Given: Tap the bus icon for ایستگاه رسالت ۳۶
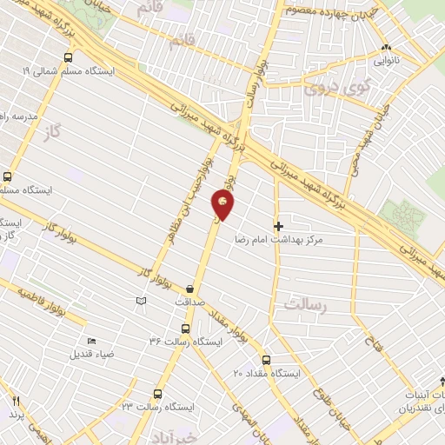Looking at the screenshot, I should click(x=185, y=329).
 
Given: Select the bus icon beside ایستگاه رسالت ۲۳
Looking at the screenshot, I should click(x=157, y=394).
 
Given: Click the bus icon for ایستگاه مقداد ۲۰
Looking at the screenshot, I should click(x=266, y=360).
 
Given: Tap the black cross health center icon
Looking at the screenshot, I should click(x=278, y=226).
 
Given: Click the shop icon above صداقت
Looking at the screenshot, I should click(x=190, y=289).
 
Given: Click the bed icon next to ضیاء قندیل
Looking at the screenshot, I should click(x=92, y=342).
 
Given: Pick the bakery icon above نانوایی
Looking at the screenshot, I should click(x=388, y=49).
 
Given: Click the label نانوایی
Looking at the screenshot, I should click(x=388, y=62).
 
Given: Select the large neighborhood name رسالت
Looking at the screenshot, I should click(x=304, y=303).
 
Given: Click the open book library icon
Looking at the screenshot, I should click(x=142, y=301).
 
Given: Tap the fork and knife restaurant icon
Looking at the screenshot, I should click(x=15, y=400).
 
